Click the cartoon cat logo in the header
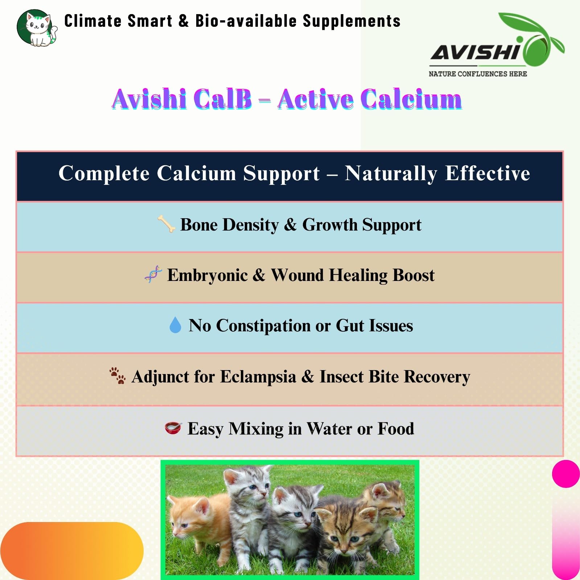tap(37, 28)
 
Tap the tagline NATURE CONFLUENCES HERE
tap(478, 74)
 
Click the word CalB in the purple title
tap(222, 99)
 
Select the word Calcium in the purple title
tap(411, 99)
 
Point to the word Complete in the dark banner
tap(104, 174)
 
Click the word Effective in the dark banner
tap(488, 173)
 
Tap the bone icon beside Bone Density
tap(166, 224)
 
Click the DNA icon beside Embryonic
tap(153, 274)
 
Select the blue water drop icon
tap(175, 325)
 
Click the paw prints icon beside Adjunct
tap(118, 376)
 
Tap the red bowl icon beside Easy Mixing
tap(173, 428)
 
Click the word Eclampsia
tap(258, 377)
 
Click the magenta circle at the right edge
tap(566, 473)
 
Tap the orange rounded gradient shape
tap(72, 550)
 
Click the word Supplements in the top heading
tap(351, 21)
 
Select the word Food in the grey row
tap(396, 429)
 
